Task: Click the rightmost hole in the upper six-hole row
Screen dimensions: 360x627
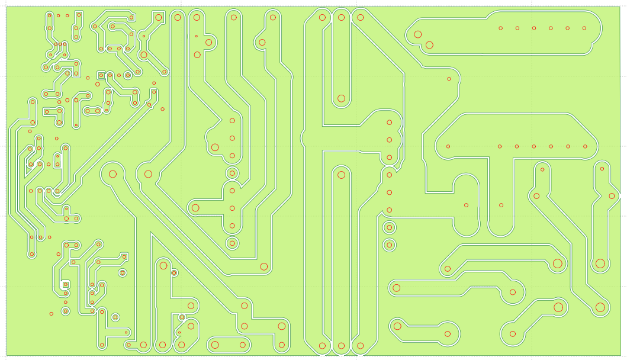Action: click(x=584, y=28)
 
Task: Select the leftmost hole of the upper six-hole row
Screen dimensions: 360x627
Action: click(x=501, y=28)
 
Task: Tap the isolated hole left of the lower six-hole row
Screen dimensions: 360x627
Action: click(x=448, y=146)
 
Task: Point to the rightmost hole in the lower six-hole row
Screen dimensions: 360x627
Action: click(x=585, y=146)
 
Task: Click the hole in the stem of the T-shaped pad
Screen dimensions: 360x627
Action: click(x=501, y=205)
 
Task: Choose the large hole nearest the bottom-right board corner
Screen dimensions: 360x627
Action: click(x=600, y=307)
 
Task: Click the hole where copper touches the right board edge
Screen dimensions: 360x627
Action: click(x=612, y=196)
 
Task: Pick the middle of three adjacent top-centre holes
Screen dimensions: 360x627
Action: click(x=341, y=17)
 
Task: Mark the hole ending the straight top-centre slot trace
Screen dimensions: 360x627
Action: click(x=341, y=98)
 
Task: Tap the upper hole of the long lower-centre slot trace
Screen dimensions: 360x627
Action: click(x=340, y=175)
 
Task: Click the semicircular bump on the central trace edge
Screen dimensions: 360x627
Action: click(x=303, y=138)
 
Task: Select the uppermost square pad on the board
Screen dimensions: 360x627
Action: click(x=101, y=75)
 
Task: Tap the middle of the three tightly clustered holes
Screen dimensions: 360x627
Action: click(x=60, y=44)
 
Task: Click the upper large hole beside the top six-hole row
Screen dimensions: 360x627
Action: click(x=418, y=34)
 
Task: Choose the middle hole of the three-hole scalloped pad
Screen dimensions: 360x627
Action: click(x=389, y=140)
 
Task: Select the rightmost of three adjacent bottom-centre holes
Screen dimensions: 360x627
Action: click(x=359, y=346)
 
